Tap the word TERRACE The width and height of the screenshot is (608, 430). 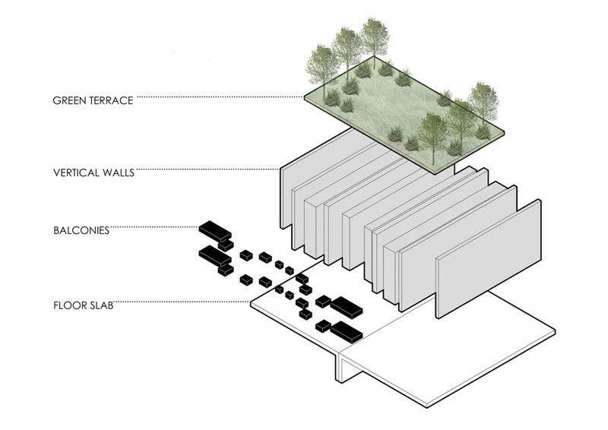[113, 100]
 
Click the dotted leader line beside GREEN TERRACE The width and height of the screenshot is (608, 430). [220, 96]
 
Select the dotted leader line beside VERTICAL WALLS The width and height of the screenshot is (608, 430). [205, 169]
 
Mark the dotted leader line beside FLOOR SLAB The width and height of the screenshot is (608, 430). [182, 304]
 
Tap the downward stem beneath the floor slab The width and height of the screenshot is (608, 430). [340, 370]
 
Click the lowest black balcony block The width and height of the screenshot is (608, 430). [346, 331]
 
